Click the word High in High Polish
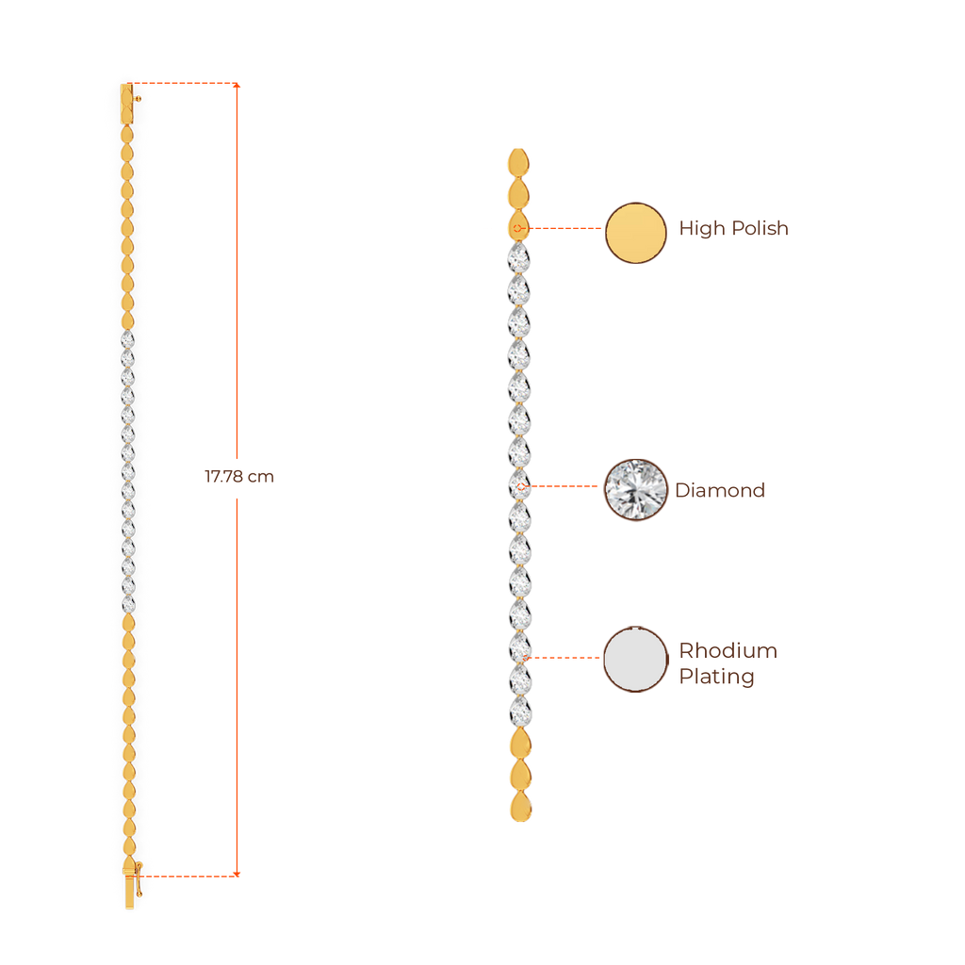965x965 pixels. coord(701,229)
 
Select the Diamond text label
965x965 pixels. coord(720,490)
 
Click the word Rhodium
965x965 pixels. coord(728,651)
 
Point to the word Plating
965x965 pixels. coord(716,677)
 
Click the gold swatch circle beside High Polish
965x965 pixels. coord(635,233)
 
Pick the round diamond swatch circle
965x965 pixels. coord(635,489)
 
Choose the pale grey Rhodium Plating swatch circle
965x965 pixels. coord(635,660)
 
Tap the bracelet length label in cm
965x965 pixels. coord(239,478)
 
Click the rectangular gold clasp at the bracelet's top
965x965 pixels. coord(126,103)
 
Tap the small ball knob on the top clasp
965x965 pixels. coord(139,97)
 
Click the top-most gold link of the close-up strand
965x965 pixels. coord(517,161)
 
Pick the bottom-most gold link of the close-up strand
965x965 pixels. coord(518,808)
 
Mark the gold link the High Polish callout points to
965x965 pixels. coord(518,227)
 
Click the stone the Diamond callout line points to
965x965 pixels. coord(518,486)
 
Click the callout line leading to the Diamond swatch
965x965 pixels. coord(565,487)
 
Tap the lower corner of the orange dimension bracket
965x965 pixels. coord(237,875)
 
